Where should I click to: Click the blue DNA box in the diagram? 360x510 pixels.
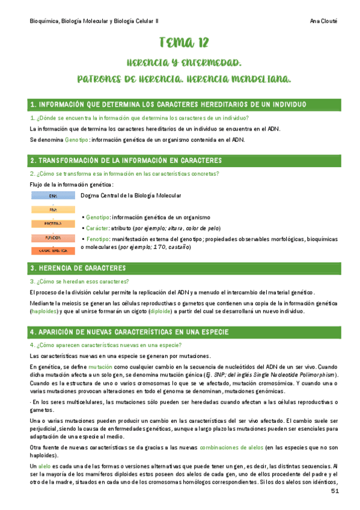[53, 196]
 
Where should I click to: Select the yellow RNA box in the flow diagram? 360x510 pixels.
[53, 210]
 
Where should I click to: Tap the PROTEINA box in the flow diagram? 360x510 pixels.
[53, 224]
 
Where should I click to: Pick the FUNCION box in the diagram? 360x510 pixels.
[53, 238]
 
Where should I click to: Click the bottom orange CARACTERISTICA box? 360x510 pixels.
[53, 250]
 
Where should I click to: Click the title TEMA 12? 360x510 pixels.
[184, 42]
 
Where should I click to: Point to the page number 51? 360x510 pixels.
[335, 493]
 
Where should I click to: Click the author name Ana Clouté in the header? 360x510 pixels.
[327, 20]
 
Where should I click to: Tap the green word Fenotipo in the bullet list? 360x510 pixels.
[99, 239]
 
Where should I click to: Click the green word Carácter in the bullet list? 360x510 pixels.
[97, 229]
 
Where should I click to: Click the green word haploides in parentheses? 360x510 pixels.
[45, 312]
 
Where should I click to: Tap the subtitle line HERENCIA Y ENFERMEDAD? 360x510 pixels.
[184, 63]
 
